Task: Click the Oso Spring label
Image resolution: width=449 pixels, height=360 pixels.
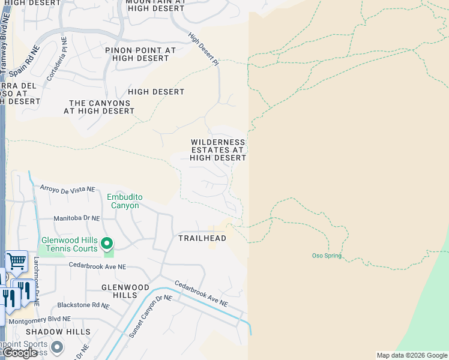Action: [x=327, y=256]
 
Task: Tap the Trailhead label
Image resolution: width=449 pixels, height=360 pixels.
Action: [x=202, y=238]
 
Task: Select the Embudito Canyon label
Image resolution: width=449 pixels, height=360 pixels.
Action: [x=123, y=201]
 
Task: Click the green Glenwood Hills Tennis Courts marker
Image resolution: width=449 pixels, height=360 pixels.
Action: [x=107, y=243]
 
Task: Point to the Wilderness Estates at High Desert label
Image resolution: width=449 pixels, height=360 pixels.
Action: [x=218, y=150]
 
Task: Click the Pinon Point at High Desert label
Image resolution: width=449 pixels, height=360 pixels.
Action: [x=140, y=55]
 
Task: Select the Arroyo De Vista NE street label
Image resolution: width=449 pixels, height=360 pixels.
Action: [x=67, y=188]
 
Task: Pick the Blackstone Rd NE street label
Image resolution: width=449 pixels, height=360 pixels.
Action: [x=83, y=305]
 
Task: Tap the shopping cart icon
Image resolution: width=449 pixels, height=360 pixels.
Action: [x=16, y=262]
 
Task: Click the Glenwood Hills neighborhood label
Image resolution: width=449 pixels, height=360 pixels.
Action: [x=125, y=292]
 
